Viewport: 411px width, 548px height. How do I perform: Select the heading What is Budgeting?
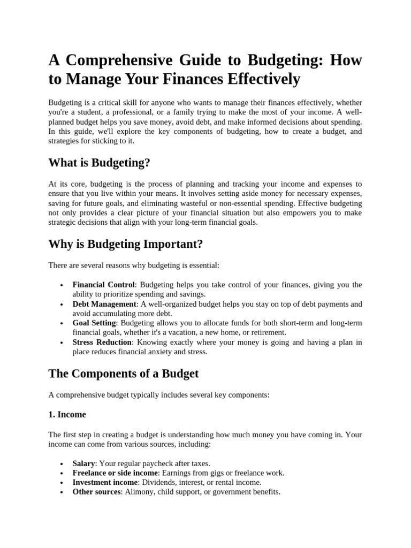(99, 163)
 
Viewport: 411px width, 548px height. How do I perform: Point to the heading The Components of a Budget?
(123, 373)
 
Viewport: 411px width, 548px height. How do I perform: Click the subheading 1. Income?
(67, 414)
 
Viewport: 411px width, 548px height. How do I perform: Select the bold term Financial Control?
(104, 285)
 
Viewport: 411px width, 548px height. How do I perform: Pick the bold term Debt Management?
(104, 304)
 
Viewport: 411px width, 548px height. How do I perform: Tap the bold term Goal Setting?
(94, 323)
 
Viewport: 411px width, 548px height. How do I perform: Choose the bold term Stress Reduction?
(102, 342)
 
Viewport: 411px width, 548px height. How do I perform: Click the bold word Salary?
(83, 463)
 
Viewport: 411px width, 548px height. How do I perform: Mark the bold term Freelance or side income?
(115, 473)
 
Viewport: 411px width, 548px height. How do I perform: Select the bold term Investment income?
(105, 482)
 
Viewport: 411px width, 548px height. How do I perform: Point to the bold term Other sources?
(97, 492)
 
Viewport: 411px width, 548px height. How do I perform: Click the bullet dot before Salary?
(63, 464)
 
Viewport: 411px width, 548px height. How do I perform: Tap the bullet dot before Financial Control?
(63, 285)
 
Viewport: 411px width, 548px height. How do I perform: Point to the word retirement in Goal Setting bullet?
(268, 332)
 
